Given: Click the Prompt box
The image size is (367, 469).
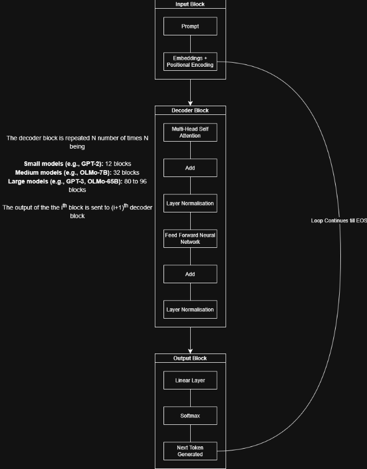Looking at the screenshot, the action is (190, 26).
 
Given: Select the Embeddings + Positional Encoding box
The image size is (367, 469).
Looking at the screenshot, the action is (190, 62).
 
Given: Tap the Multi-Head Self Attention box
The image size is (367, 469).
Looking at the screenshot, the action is (190, 132).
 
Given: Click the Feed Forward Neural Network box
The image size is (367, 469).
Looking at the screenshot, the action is (190, 239).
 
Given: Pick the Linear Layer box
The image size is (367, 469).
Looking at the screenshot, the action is (190, 380).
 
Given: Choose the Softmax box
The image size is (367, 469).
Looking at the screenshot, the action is (190, 416).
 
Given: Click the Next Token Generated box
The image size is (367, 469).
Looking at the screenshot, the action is (190, 451).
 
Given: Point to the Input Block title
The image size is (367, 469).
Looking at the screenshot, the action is (190, 4).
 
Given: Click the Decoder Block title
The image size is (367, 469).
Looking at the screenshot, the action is (190, 110).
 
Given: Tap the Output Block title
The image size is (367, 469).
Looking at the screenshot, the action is (190, 358).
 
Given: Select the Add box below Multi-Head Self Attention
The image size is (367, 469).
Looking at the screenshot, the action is (190, 168).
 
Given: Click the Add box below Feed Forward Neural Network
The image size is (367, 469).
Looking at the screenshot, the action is (190, 274).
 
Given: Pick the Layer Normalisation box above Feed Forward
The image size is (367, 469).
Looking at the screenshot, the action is (190, 203).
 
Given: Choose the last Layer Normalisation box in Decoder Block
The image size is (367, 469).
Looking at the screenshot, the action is (190, 309).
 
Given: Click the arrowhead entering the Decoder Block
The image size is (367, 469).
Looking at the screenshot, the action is (190, 103).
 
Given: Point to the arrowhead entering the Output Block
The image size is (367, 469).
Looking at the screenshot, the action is (190, 351).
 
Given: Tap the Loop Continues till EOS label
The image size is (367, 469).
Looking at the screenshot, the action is (339, 221).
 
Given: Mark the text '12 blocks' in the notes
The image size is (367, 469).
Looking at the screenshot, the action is (118, 164).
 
